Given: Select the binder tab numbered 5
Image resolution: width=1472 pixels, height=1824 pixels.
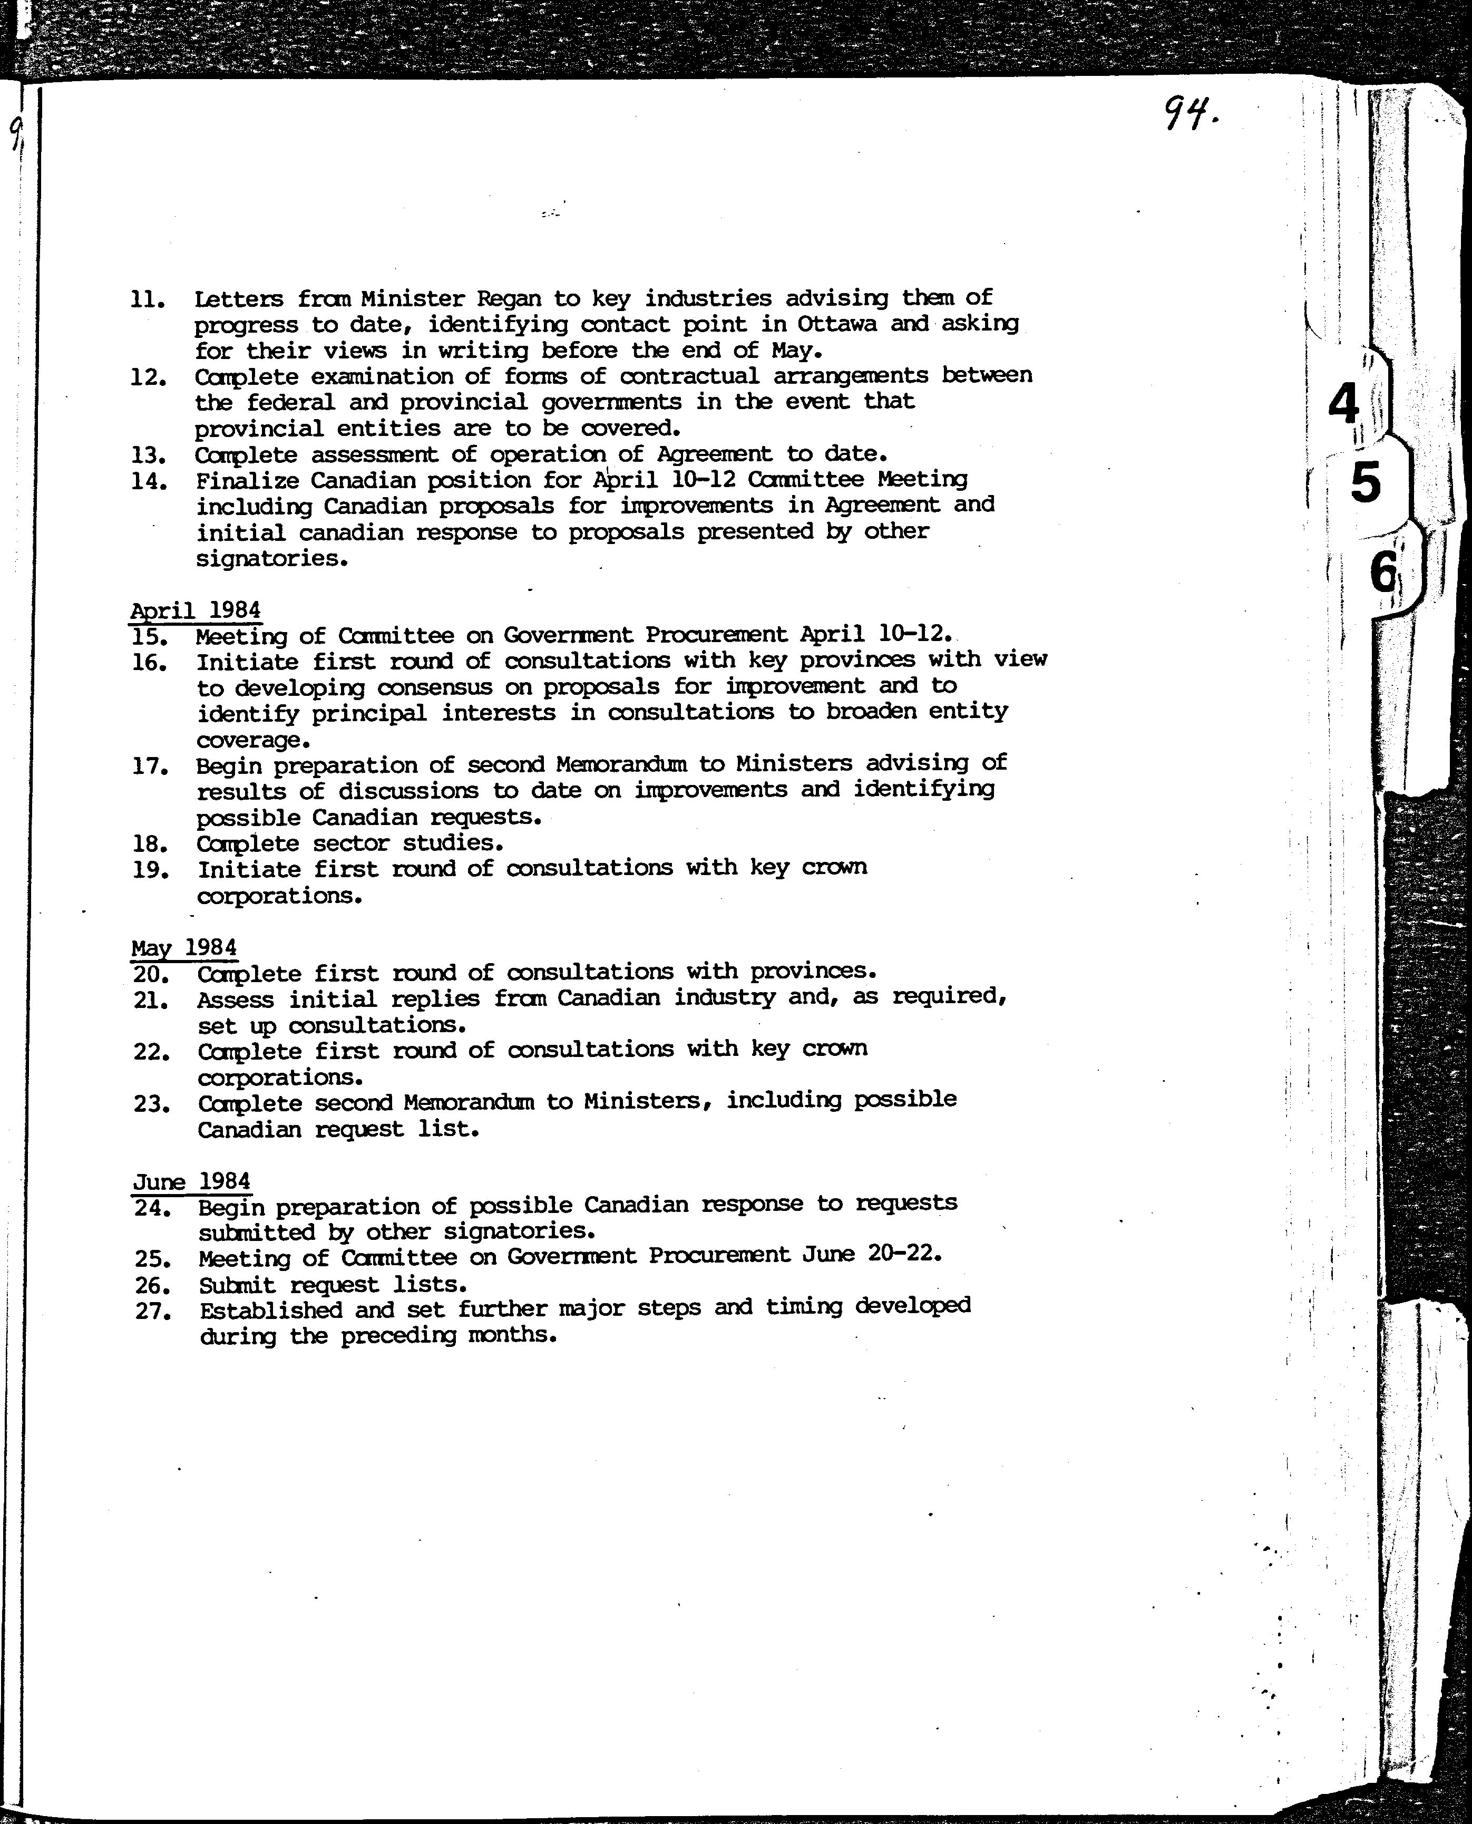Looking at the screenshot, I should coord(1365,483).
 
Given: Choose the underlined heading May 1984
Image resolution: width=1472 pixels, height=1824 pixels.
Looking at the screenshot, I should coord(183,947).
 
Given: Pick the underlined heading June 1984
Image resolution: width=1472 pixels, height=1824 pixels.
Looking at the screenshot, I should coord(192,1181).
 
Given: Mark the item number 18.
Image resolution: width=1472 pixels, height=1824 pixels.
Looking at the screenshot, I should coord(150,845).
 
